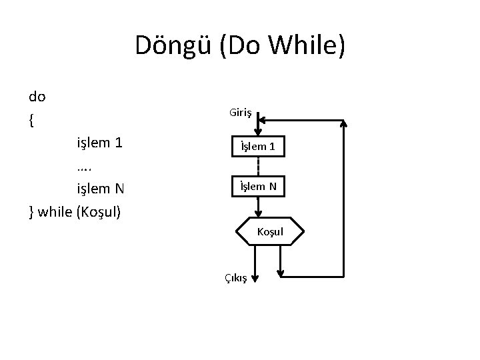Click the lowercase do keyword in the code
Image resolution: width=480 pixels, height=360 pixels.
tap(37, 97)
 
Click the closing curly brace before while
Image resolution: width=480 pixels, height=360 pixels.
tap(32, 212)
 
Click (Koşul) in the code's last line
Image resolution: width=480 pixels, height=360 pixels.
tap(100, 212)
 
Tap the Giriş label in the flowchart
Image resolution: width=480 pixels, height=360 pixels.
tap(241, 113)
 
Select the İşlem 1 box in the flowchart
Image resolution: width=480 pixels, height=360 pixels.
tap(259, 146)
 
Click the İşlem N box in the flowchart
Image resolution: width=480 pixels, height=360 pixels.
tap(259, 186)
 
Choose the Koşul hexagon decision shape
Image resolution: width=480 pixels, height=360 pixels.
tap(270, 231)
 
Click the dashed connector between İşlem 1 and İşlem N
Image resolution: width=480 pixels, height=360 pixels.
tap(259, 166)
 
